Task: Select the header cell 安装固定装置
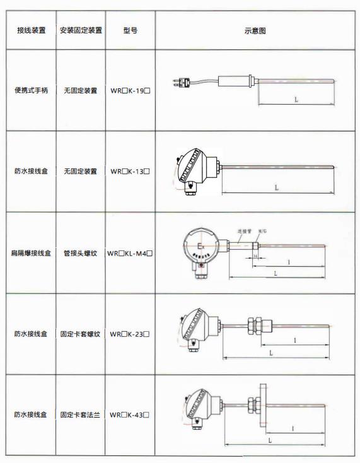click(x=80, y=30)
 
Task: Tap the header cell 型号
click(x=131, y=30)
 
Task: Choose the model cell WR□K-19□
click(x=131, y=91)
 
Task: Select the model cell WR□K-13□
click(x=131, y=171)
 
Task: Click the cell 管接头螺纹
click(x=80, y=253)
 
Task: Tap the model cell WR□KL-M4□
click(x=131, y=253)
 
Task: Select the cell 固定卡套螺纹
click(x=80, y=334)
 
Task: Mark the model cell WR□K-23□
click(x=131, y=334)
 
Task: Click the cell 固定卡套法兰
click(x=80, y=415)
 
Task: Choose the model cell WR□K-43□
click(x=131, y=415)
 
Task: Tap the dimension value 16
click(x=255, y=257)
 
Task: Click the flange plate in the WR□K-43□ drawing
click(x=262, y=406)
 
